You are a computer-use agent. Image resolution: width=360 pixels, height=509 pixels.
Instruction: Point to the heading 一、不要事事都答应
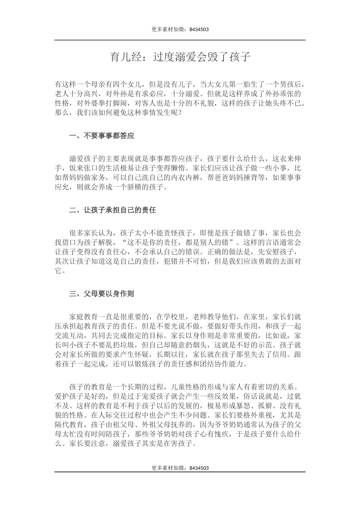(102, 136)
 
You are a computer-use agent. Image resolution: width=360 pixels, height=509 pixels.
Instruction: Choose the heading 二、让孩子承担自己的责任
(113, 210)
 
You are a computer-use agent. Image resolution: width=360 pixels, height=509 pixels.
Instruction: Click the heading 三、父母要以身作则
(102, 294)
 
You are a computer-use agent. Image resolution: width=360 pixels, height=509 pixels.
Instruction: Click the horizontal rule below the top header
(180, 40)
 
